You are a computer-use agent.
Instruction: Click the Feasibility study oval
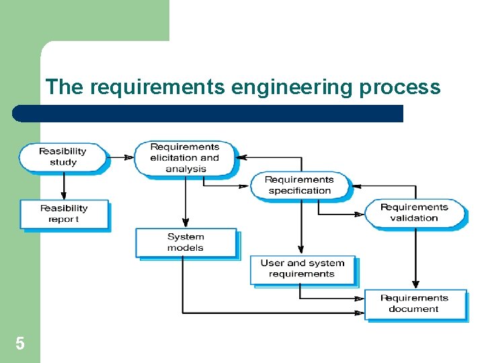tap(63, 157)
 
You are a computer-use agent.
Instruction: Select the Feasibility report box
tap(64, 214)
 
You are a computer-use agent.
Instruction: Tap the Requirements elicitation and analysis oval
tap(186, 158)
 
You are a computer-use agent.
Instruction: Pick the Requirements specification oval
tap(300, 185)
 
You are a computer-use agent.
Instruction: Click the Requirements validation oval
tap(414, 212)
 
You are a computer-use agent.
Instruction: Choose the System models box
tap(186, 242)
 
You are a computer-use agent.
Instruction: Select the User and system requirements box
tap(302, 269)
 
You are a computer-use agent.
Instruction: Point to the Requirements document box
tap(414, 304)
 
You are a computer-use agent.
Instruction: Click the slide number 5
tap(20, 344)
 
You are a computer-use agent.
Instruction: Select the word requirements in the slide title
tap(157, 87)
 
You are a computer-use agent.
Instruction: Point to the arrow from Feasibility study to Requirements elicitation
tap(121, 157)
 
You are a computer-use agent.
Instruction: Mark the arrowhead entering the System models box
tap(186, 224)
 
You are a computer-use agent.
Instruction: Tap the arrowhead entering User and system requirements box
tap(302, 250)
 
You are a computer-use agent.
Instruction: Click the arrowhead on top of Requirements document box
tap(415, 285)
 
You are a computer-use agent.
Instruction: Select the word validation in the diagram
tap(414, 218)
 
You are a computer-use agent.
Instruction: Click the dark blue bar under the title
tap(208, 113)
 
